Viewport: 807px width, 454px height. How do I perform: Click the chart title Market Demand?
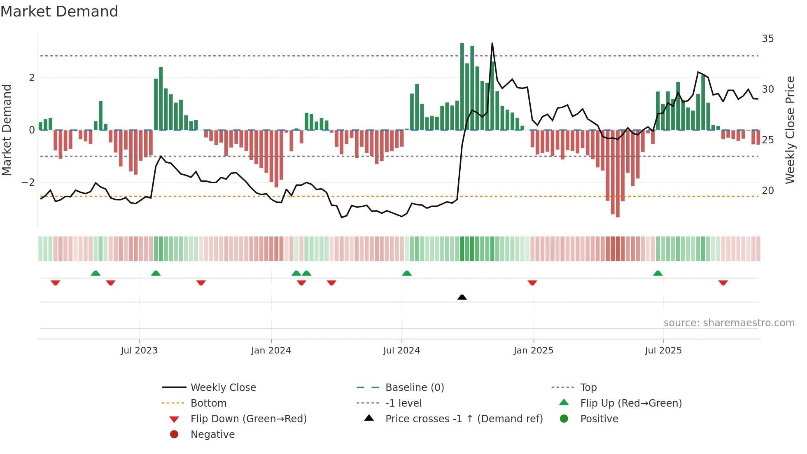59,12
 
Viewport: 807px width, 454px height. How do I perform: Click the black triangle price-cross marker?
462,297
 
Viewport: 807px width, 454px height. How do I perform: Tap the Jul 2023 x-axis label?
139,351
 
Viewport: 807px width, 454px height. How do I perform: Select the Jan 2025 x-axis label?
534,351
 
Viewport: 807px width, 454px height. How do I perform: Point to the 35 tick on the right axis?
767,39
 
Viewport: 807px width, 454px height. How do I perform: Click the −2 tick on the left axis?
28,183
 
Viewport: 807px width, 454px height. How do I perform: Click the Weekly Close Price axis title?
790,130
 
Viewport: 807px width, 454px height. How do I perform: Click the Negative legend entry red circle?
174,435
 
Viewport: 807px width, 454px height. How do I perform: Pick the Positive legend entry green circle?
564,419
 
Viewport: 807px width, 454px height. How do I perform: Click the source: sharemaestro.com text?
729,323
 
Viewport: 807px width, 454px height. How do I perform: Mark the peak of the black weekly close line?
492,43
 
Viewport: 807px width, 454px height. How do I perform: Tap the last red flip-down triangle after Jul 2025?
723,283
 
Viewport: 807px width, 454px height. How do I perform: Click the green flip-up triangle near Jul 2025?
658,273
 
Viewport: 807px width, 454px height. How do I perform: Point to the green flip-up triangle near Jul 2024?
407,273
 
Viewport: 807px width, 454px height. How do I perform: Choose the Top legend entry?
588,388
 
